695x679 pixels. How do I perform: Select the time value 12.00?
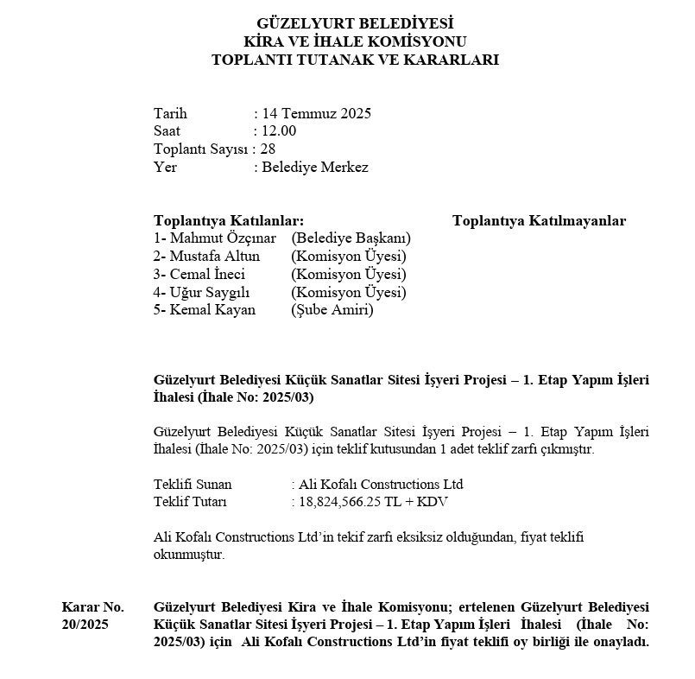coord(278,131)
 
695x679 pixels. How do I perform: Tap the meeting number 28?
coord(268,149)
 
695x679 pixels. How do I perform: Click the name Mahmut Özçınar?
coord(223,238)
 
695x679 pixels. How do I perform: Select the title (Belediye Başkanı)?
coord(351,238)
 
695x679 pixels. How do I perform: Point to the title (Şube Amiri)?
coord(332,310)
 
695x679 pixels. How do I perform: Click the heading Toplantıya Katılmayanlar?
coord(539,221)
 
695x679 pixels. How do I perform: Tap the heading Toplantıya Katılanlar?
coord(228,221)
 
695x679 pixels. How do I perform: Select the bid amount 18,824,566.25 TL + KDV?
coord(373,502)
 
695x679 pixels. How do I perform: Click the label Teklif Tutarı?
coord(190,502)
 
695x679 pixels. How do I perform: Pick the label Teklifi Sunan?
coord(193,484)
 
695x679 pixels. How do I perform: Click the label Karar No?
coord(92,606)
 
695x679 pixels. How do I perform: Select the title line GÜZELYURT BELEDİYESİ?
coord(355,23)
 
